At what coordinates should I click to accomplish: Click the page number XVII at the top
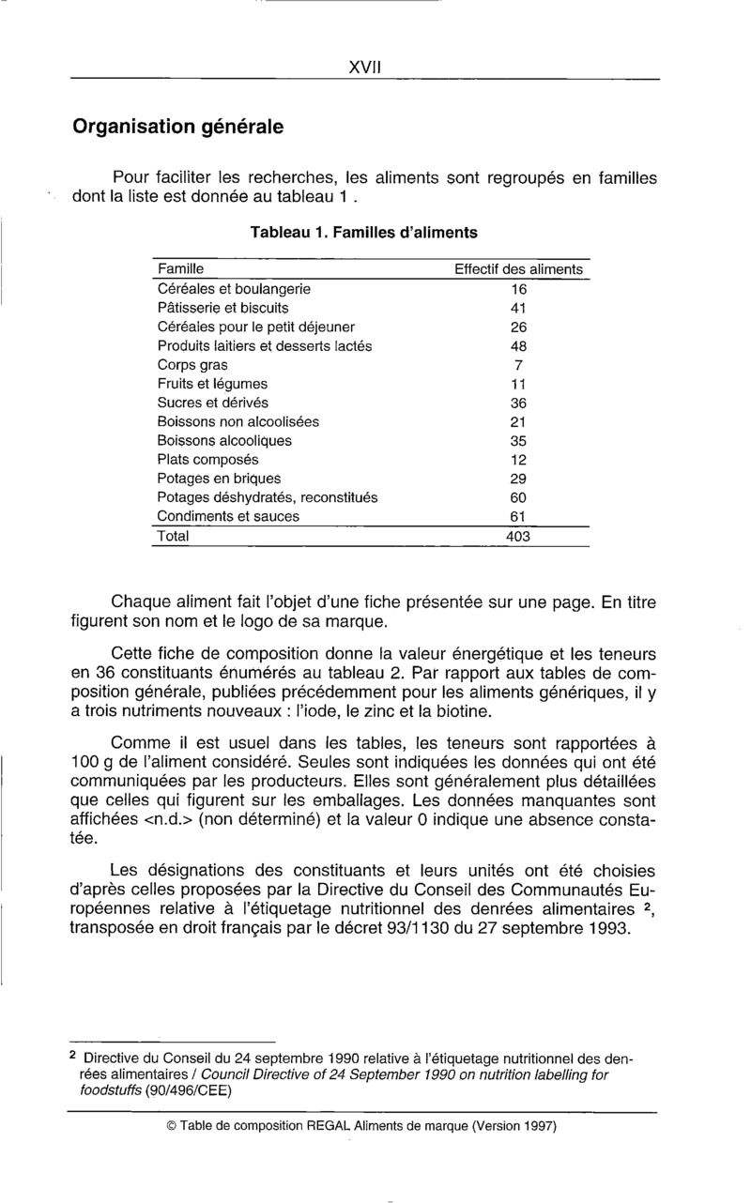tap(363, 67)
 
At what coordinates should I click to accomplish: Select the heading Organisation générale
tap(178, 126)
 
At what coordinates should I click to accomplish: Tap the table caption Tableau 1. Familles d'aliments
tap(363, 232)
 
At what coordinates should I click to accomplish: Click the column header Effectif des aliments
tap(518, 269)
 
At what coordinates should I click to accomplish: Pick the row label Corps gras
tap(192, 365)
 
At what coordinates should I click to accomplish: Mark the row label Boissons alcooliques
tap(224, 441)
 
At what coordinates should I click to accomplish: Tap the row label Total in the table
tap(173, 538)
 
